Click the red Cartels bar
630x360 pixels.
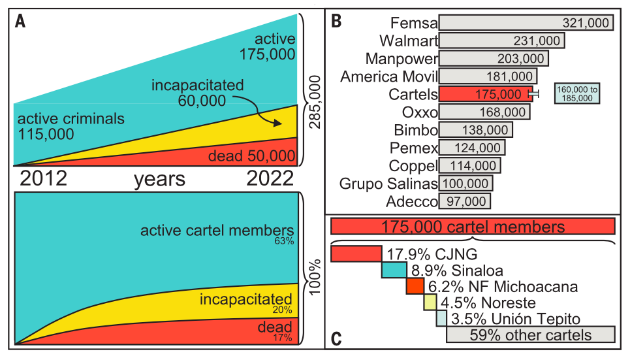tap(486, 94)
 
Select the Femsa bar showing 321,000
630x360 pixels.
tap(526, 22)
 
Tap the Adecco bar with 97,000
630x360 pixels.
tap(464, 201)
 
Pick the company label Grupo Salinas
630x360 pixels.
tap(388, 184)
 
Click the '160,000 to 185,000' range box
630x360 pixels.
tap(577, 93)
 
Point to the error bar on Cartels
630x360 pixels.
tap(533, 94)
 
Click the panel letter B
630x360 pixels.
tap(336, 22)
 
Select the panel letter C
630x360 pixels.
tap(337, 339)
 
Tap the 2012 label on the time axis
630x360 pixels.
tap(43, 178)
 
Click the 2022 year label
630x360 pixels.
tap(270, 178)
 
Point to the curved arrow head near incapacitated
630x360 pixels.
tap(277, 123)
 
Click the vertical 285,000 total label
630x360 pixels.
tap(315, 102)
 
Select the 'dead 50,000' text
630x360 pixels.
tap(251, 156)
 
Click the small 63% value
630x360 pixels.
tap(284, 241)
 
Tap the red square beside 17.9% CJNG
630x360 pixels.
tap(356, 254)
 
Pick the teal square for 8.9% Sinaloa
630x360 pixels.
tap(394, 270)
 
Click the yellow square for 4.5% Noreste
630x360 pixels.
tap(430, 302)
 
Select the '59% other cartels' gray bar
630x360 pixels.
tap(530, 335)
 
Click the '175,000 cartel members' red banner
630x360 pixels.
tap(473, 227)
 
